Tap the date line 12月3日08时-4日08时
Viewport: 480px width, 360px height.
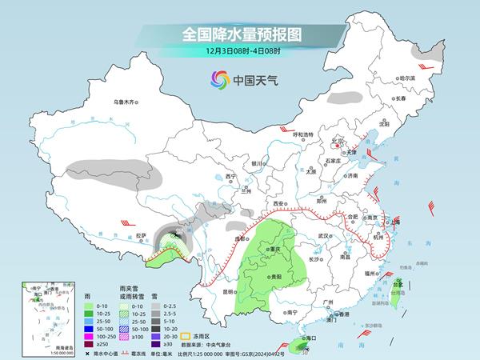[239, 52]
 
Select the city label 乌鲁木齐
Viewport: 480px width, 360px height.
[126, 102]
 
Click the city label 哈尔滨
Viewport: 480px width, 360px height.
[409, 78]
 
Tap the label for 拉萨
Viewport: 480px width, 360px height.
[141, 235]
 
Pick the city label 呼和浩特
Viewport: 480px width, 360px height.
[307, 134]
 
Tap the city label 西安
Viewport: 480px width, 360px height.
[278, 205]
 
